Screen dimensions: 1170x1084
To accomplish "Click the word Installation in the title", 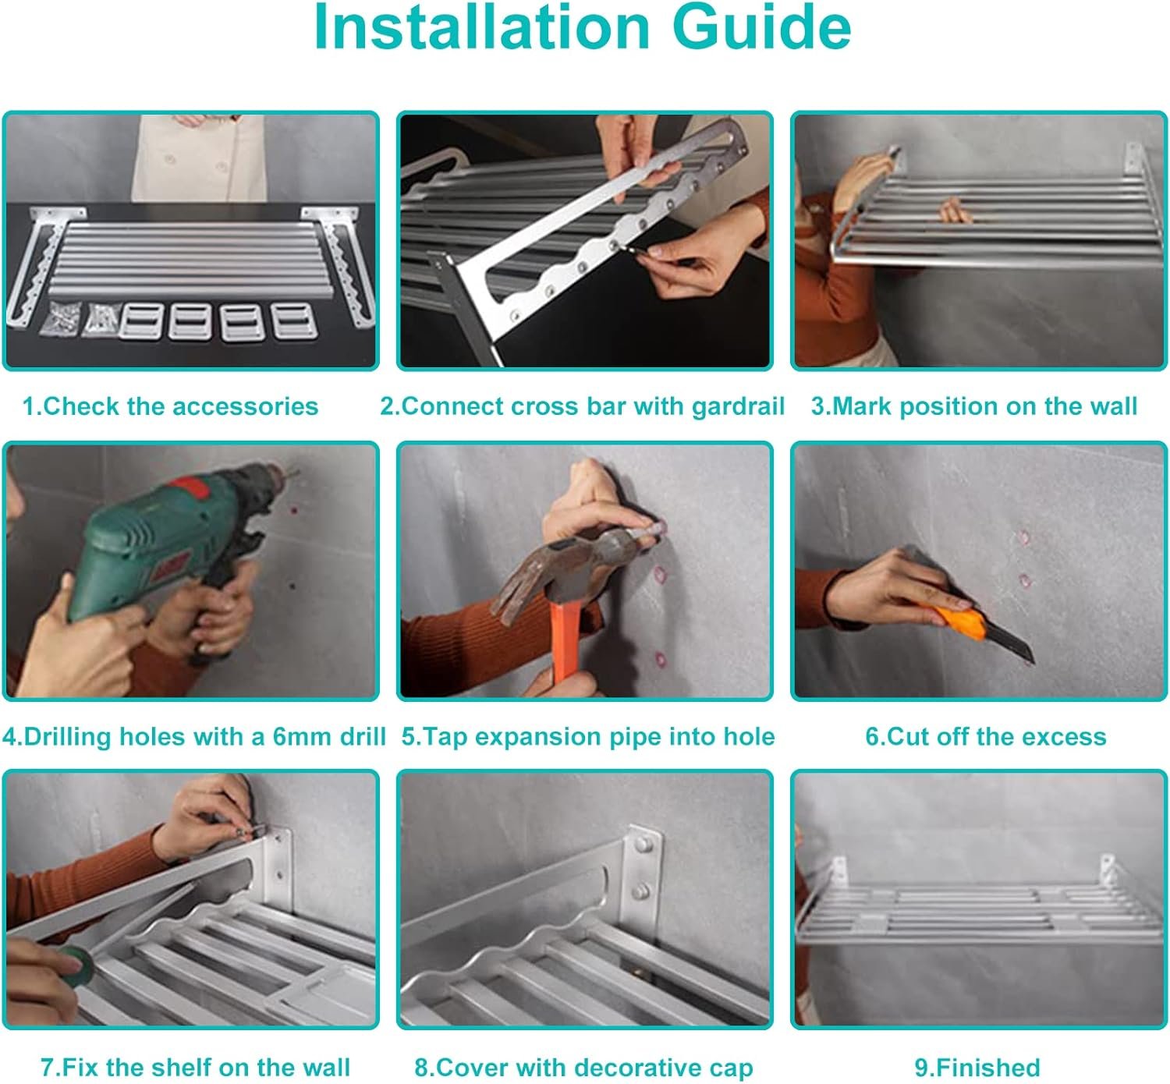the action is [481, 28].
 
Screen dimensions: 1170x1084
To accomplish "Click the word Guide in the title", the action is [761, 28].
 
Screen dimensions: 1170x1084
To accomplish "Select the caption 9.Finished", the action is [977, 1068].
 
